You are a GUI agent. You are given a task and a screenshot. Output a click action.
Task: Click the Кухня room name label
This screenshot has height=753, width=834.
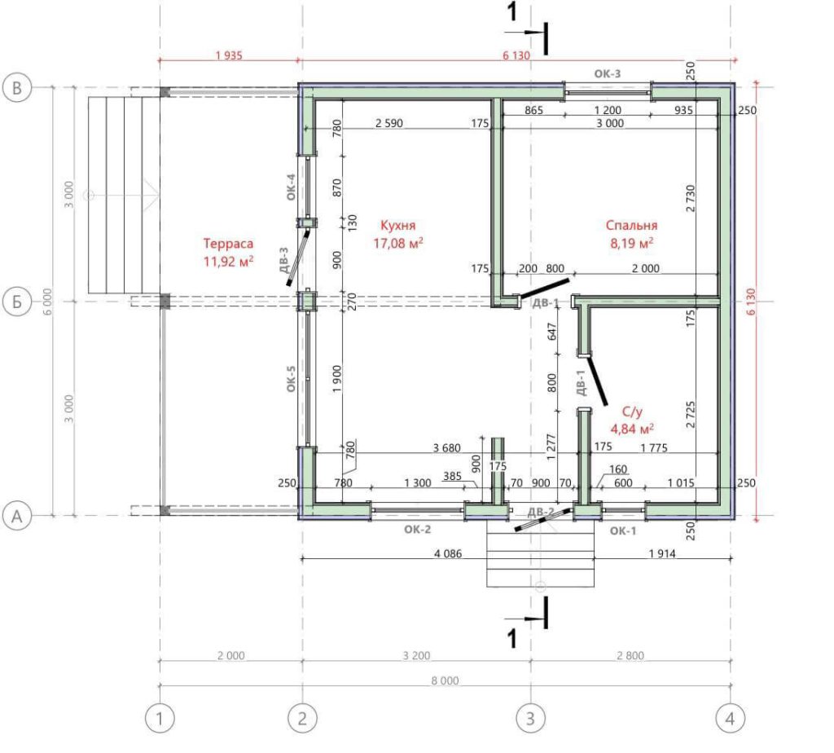point(397,225)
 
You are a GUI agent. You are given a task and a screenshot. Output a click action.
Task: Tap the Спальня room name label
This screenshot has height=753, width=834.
point(631,225)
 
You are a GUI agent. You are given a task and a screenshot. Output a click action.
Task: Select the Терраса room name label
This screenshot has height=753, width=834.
point(228,244)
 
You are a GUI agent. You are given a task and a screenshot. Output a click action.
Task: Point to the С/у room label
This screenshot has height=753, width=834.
point(632,412)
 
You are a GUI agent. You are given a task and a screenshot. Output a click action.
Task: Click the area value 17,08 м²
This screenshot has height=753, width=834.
point(397,244)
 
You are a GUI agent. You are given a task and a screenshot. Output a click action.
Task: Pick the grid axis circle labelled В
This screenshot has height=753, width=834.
point(17,88)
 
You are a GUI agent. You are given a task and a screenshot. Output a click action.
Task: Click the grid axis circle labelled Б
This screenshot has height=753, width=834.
point(17,302)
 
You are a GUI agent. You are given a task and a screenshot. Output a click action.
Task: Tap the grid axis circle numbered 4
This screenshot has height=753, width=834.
point(731,719)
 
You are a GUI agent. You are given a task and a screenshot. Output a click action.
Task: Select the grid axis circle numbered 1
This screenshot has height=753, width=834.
point(160,719)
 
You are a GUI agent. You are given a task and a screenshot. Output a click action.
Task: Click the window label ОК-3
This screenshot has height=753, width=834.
point(608,74)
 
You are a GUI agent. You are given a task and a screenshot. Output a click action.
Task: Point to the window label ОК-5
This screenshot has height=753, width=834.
point(291,378)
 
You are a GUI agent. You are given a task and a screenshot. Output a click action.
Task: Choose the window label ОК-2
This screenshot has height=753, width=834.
point(418,530)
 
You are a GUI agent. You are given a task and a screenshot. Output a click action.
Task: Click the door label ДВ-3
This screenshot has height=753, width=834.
point(283,260)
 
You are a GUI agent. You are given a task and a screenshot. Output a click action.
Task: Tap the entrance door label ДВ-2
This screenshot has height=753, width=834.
point(541,512)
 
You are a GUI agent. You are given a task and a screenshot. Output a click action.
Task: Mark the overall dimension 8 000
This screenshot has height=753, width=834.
point(446,680)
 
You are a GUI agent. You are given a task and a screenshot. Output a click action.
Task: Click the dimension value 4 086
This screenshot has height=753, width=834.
point(448,553)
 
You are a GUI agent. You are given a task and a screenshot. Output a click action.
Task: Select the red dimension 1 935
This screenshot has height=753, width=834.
point(229,55)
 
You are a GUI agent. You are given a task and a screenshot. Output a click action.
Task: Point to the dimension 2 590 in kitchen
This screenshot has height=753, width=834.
point(389,123)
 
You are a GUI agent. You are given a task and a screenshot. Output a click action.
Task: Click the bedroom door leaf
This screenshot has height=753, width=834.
point(544,288)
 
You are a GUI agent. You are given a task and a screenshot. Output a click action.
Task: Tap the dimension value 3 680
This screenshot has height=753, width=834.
point(447,447)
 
